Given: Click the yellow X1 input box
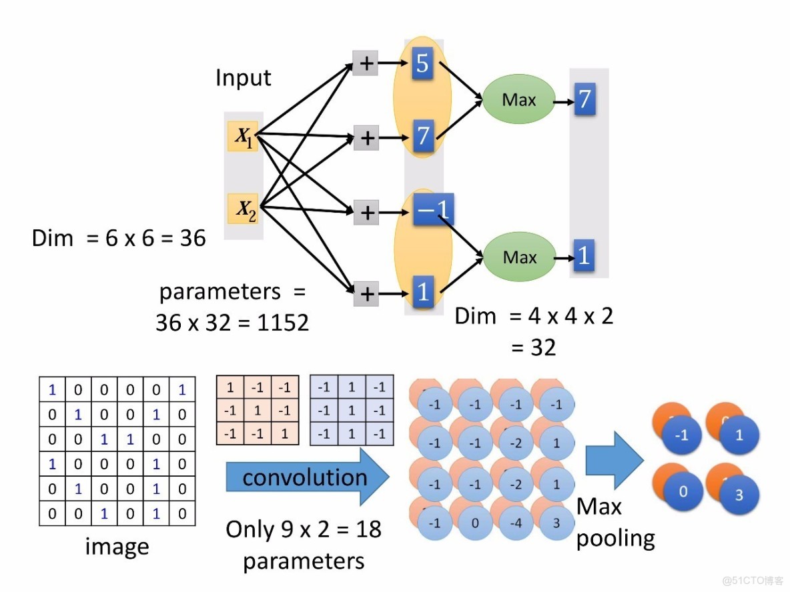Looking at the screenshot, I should pyautogui.click(x=242, y=136).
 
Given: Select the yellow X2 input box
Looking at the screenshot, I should pyautogui.click(x=242, y=209).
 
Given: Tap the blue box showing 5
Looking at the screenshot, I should pyautogui.click(x=422, y=64).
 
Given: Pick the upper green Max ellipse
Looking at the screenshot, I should pyautogui.click(x=518, y=99).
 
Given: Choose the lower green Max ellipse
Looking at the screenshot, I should pyautogui.click(x=519, y=257).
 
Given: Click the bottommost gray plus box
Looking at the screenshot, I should pyautogui.click(x=366, y=293).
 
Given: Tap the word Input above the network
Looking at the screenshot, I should pyautogui.click(x=243, y=78).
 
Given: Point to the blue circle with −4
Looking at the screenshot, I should pyautogui.click(x=516, y=523).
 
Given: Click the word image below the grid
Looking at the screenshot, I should pyautogui.click(x=117, y=547).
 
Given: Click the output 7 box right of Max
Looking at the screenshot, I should pyautogui.click(x=583, y=100).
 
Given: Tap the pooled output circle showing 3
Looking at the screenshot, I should pyautogui.click(x=739, y=496).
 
